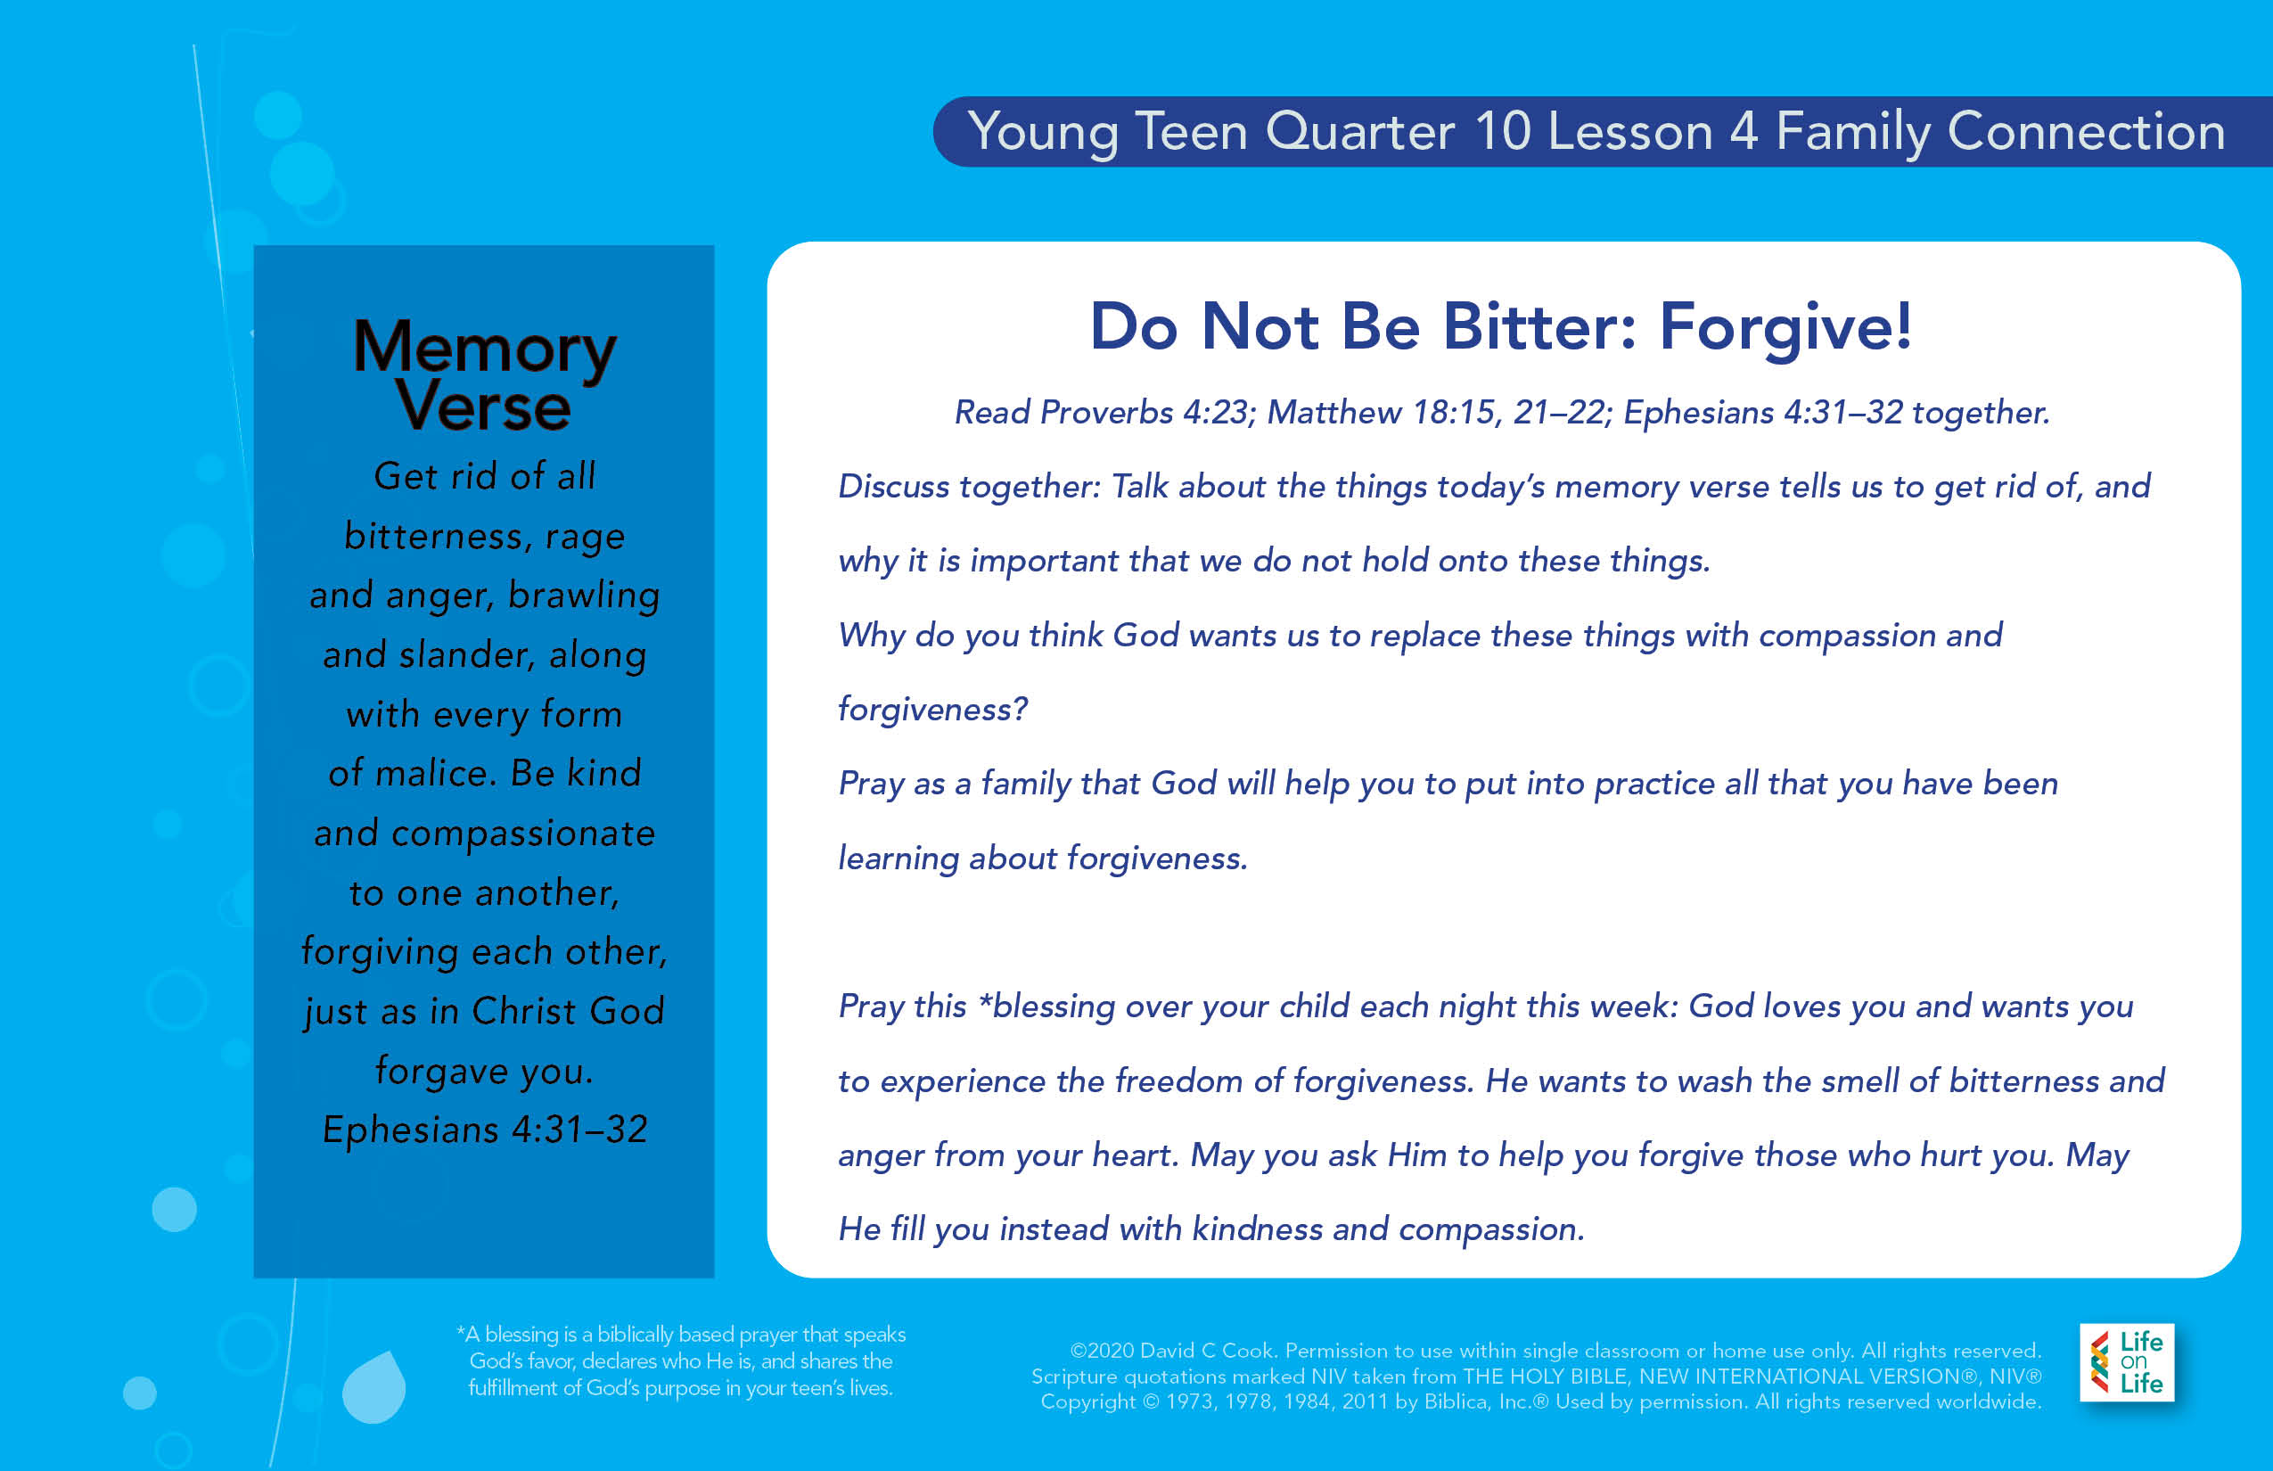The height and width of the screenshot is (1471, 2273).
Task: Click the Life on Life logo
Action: [2127, 1362]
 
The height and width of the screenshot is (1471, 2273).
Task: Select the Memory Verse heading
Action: [484, 374]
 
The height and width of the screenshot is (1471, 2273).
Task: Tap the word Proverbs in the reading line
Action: [1106, 413]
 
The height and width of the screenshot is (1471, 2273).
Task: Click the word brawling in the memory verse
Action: [584, 596]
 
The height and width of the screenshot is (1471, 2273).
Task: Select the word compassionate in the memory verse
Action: [523, 834]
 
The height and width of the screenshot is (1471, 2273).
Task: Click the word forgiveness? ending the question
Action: [933, 710]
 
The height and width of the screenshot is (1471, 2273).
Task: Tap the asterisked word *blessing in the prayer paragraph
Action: [1046, 1007]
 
